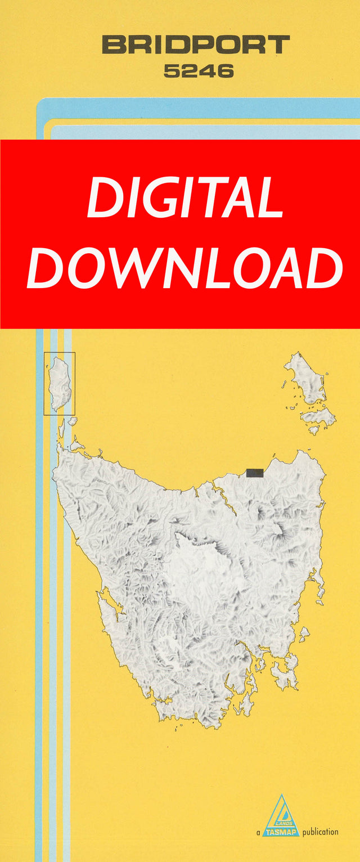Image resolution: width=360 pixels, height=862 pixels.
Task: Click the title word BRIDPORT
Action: coord(196,44)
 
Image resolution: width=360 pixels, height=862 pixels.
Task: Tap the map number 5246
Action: coord(199,71)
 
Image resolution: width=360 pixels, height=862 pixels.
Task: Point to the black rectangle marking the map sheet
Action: coord(254,473)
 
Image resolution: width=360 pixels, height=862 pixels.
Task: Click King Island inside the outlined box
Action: coord(60,383)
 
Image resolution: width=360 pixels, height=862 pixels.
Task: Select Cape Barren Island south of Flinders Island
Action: coord(318,418)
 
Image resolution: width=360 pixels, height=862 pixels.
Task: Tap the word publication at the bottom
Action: coord(320,832)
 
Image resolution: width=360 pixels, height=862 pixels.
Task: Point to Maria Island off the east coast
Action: coord(304,634)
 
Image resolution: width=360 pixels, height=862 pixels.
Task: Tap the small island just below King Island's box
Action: coord(62,428)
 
